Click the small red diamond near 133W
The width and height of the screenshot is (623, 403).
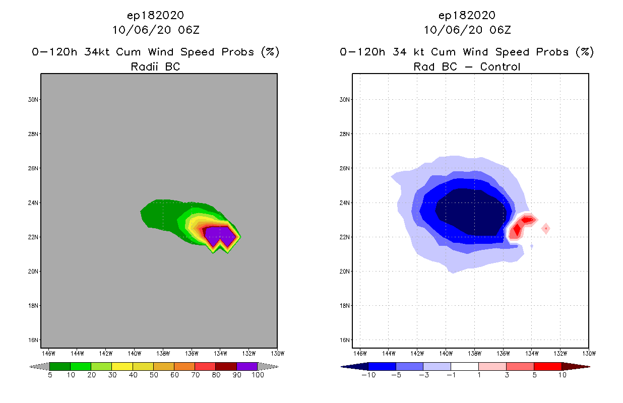[x=545, y=229]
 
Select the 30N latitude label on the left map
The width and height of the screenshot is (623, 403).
[x=33, y=100]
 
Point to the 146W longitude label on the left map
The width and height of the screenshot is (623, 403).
[x=48, y=353]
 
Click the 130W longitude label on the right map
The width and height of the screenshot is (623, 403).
[x=589, y=353]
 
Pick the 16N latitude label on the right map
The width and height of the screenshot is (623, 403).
[x=345, y=340]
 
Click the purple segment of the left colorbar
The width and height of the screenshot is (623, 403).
[x=247, y=366]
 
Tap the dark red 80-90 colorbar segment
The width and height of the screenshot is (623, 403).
[x=226, y=366]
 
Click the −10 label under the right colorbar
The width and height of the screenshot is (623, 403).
[x=368, y=375]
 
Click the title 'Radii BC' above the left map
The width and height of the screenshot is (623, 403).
[x=155, y=66]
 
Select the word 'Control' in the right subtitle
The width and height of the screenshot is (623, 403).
[x=500, y=66]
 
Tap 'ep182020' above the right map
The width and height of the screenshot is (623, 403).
[x=467, y=15]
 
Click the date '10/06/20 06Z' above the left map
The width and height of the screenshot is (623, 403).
[x=155, y=30]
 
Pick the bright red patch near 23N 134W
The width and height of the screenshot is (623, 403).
[x=527, y=220]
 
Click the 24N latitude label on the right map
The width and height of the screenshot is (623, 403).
[x=345, y=203]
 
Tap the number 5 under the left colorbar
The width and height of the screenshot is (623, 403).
[x=49, y=375]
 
